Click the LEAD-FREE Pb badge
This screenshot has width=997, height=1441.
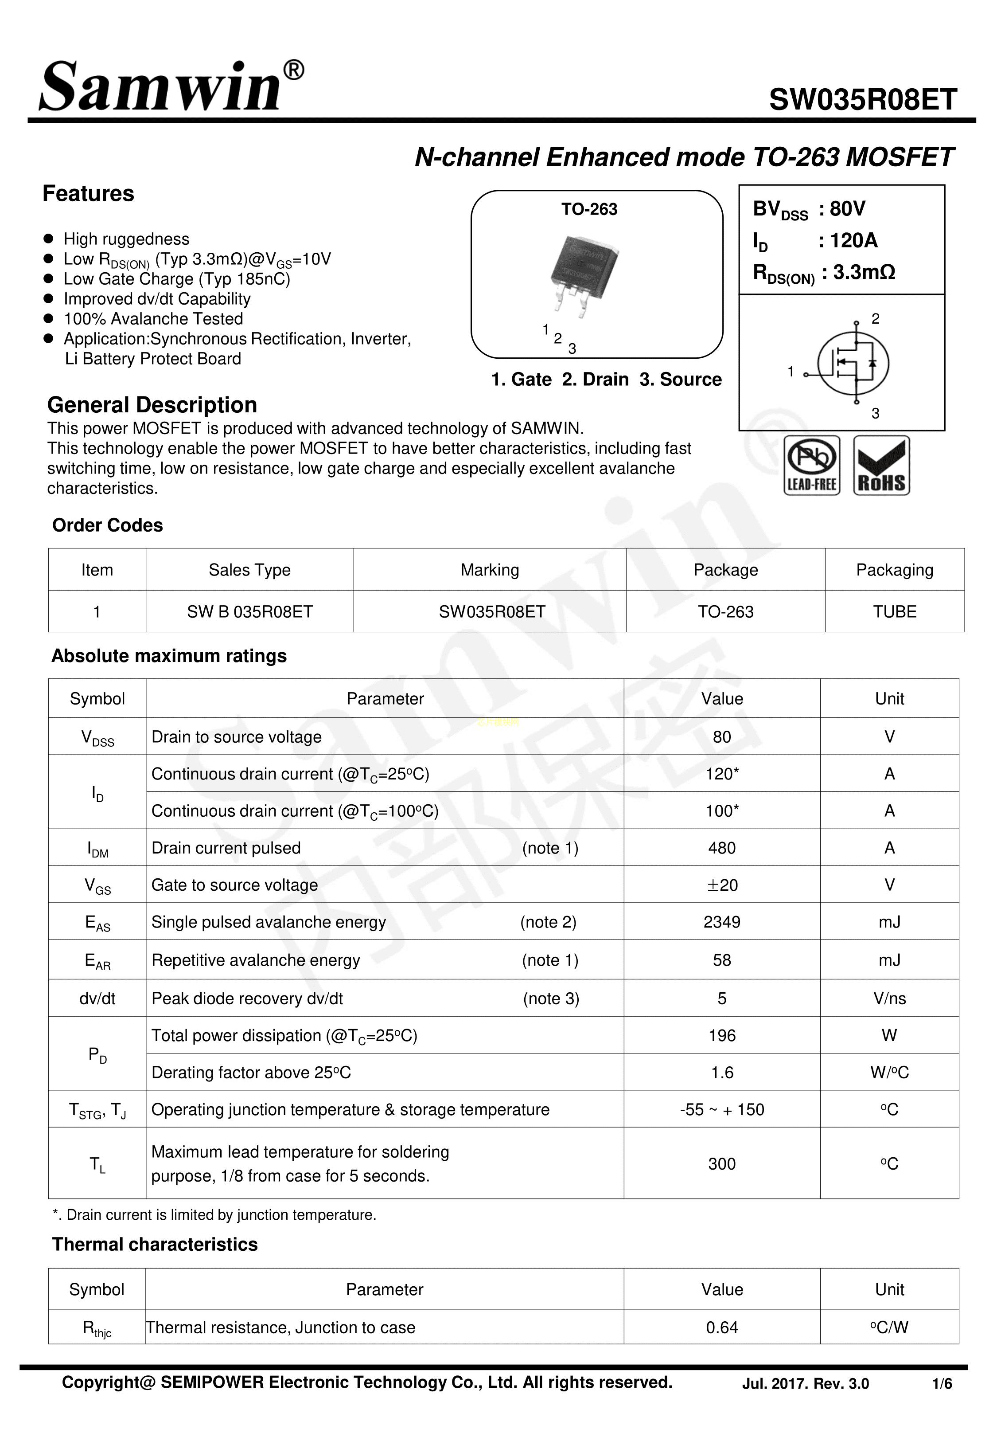coord(811,466)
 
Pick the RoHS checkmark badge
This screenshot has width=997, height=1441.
coord(881,466)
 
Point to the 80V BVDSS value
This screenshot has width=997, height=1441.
coord(848,209)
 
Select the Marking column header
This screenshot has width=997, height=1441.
coord(490,570)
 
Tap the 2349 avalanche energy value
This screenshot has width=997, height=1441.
coord(721,922)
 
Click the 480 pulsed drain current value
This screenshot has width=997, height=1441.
coord(721,848)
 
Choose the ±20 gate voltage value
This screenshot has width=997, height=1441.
coord(721,885)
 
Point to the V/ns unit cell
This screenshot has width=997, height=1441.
coord(889,998)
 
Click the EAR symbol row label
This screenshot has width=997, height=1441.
coord(97,960)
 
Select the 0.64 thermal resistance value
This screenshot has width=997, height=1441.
coord(721,1327)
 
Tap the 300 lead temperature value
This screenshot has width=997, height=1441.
coord(721,1163)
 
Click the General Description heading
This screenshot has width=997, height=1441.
coord(152,405)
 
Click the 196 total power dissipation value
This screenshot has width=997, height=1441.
coord(721,1035)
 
